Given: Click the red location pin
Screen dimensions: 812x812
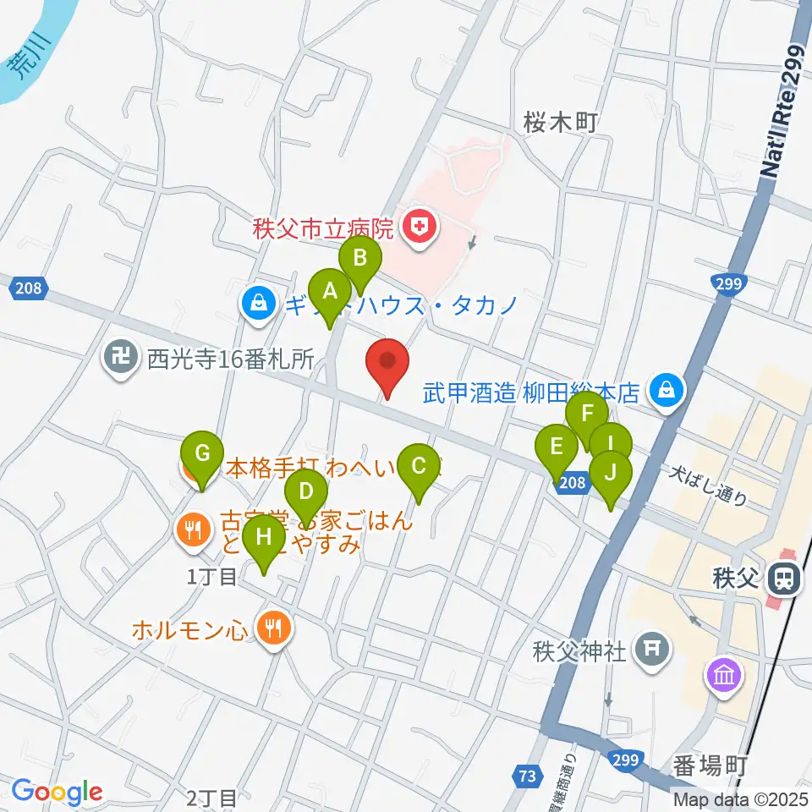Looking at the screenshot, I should click(x=388, y=363).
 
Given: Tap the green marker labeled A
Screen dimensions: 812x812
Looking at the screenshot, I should click(x=331, y=292).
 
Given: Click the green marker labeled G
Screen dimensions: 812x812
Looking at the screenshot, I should click(x=202, y=453).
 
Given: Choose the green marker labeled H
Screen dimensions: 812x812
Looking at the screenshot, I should click(x=263, y=536).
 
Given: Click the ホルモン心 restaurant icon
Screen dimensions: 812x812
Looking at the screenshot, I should click(x=272, y=628).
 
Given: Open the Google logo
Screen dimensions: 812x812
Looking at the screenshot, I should click(x=57, y=792).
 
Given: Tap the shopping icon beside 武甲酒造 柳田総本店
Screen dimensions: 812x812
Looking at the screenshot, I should click(x=667, y=390).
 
